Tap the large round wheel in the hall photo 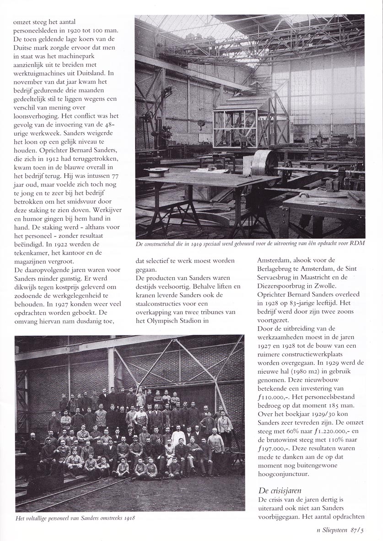click(262, 164)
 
